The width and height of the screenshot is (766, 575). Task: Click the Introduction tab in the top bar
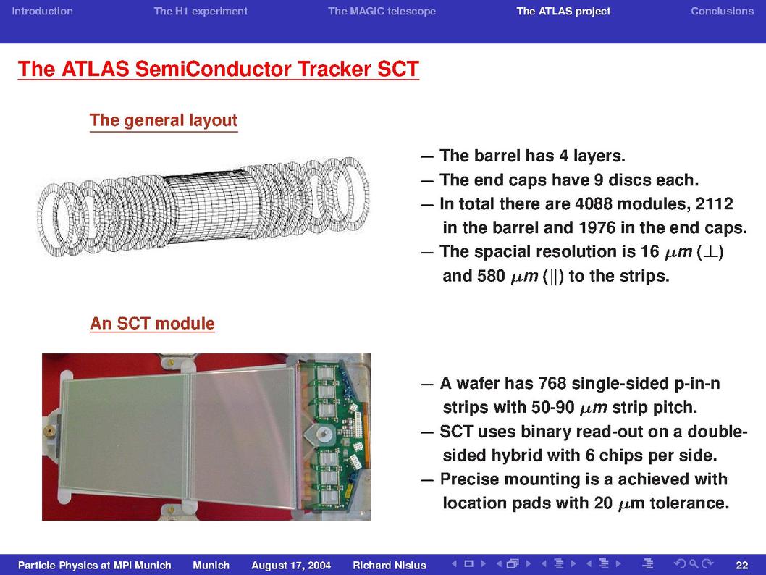pyautogui.click(x=42, y=12)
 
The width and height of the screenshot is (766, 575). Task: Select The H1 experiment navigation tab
pyautogui.click(x=201, y=12)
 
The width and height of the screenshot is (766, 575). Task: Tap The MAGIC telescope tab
pyautogui.click(x=382, y=12)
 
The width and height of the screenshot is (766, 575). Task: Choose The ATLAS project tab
pyautogui.click(x=563, y=12)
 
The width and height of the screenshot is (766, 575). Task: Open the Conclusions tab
pyautogui.click(x=722, y=12)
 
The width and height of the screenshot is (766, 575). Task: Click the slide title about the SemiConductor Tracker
pyautogui.click(x=219, y=69)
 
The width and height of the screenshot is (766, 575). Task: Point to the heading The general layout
pyautogui.click(x=164, y=120)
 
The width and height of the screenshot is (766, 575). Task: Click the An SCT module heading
pyautogui.click(x=153, y=324)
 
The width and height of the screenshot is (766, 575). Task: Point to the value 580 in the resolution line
pyautogui.click(x=491, y=276)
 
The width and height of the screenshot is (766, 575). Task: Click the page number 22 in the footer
pyautogui.click(x=741, y=566)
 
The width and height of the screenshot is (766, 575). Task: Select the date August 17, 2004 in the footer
pyautogui.click(x=291, y=566)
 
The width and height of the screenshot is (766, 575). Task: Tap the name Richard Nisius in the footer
pyautogui.click(x=390, y=566)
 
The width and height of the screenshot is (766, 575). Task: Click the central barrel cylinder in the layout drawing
pyautogui.click(x=205, y=208)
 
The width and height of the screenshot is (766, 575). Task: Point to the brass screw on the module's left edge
pyautogui.click(x=49, y=430)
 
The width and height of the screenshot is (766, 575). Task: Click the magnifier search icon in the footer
pyautogui.click(x=693, y=564)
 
